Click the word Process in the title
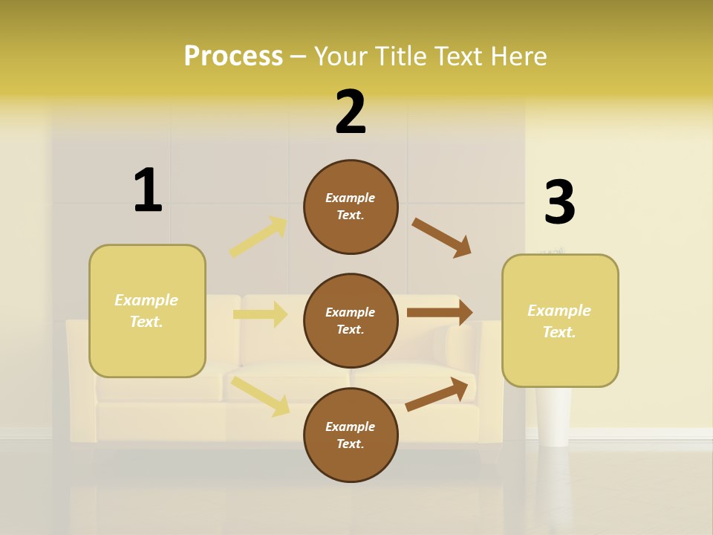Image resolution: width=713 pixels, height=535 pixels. pyautogui.click(x=233, y=56)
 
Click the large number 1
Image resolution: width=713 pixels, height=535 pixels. pyautogui.click(x=148, y=190)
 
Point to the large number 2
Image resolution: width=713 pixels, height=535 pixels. pyautogui.click(x=351, y=112)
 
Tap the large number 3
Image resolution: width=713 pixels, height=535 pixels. pyautogui.click(x=559, y=202)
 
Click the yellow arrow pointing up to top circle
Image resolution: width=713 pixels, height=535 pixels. pyautogui.click(x=258, y=237)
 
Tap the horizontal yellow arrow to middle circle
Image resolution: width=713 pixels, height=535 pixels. pyautogui.click(x=260, y=314)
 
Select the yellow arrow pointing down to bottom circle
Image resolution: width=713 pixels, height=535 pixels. pyautogui.click(x=261, y=395)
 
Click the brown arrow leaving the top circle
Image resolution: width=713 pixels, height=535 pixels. pyautogui.click(x=442, y=238)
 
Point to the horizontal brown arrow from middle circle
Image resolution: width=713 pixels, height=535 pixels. pyautogui.click(x=440, y=313)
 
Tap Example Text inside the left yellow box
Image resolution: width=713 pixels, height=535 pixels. pyautogui.click(x=146, y=311)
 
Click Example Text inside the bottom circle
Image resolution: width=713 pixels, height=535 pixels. pyautogui.click(x=350, y=435)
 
